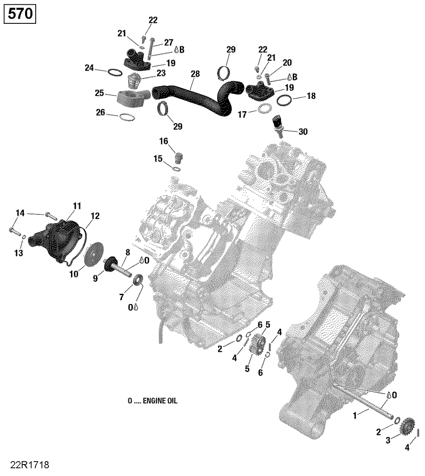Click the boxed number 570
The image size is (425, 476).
[x=20, y=14]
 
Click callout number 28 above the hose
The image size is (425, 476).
[x=195, y=74]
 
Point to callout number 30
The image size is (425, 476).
[x=303, y=132]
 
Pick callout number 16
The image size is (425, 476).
[x=164, y=141]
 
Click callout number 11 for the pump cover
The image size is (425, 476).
[x=77, y=206]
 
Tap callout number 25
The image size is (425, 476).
[x=99, y=93]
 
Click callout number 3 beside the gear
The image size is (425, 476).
[x=388, y=441]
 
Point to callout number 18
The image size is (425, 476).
[x=311, y=96]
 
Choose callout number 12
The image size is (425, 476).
[x=95, y=216]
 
